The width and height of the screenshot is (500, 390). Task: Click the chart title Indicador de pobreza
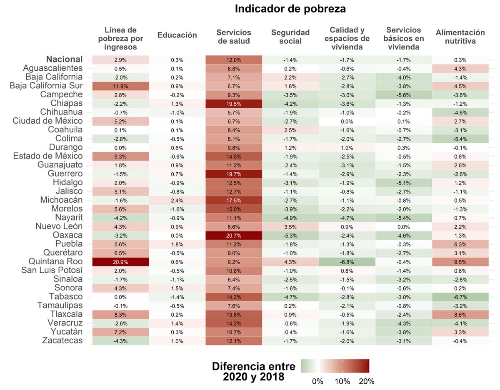coord(290,9)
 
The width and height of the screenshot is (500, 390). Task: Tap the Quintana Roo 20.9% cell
coord(120,261)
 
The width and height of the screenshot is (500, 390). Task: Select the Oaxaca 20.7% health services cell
coord(233,235)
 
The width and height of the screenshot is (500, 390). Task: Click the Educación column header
coord(177,35)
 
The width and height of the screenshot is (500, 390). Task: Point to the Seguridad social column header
coord(290,37)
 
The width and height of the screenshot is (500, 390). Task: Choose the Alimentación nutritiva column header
coord(460,37)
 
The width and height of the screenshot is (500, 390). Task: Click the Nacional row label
coord(65,59)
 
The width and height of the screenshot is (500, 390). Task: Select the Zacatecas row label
coord(62,340)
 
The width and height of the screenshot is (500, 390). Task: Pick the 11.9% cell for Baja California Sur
coord(120,86)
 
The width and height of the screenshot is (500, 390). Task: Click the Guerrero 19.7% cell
coord(233,174)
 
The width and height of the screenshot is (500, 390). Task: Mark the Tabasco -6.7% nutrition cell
coord(460,297)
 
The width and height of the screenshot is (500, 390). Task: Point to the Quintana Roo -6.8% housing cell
coord(347,261)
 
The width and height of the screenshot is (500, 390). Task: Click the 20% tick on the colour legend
coord(367,381)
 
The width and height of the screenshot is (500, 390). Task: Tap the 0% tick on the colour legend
coord(317,381)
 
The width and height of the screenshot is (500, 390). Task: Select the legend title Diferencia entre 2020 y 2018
coord(253,372)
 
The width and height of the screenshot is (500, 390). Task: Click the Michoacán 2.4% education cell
coord(177,200)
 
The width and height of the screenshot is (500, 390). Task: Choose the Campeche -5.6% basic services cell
coord(403,94)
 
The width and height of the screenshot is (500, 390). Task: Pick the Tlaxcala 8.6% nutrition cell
coord(460,314)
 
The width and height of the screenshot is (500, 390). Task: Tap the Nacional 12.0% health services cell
coord(233,60)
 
